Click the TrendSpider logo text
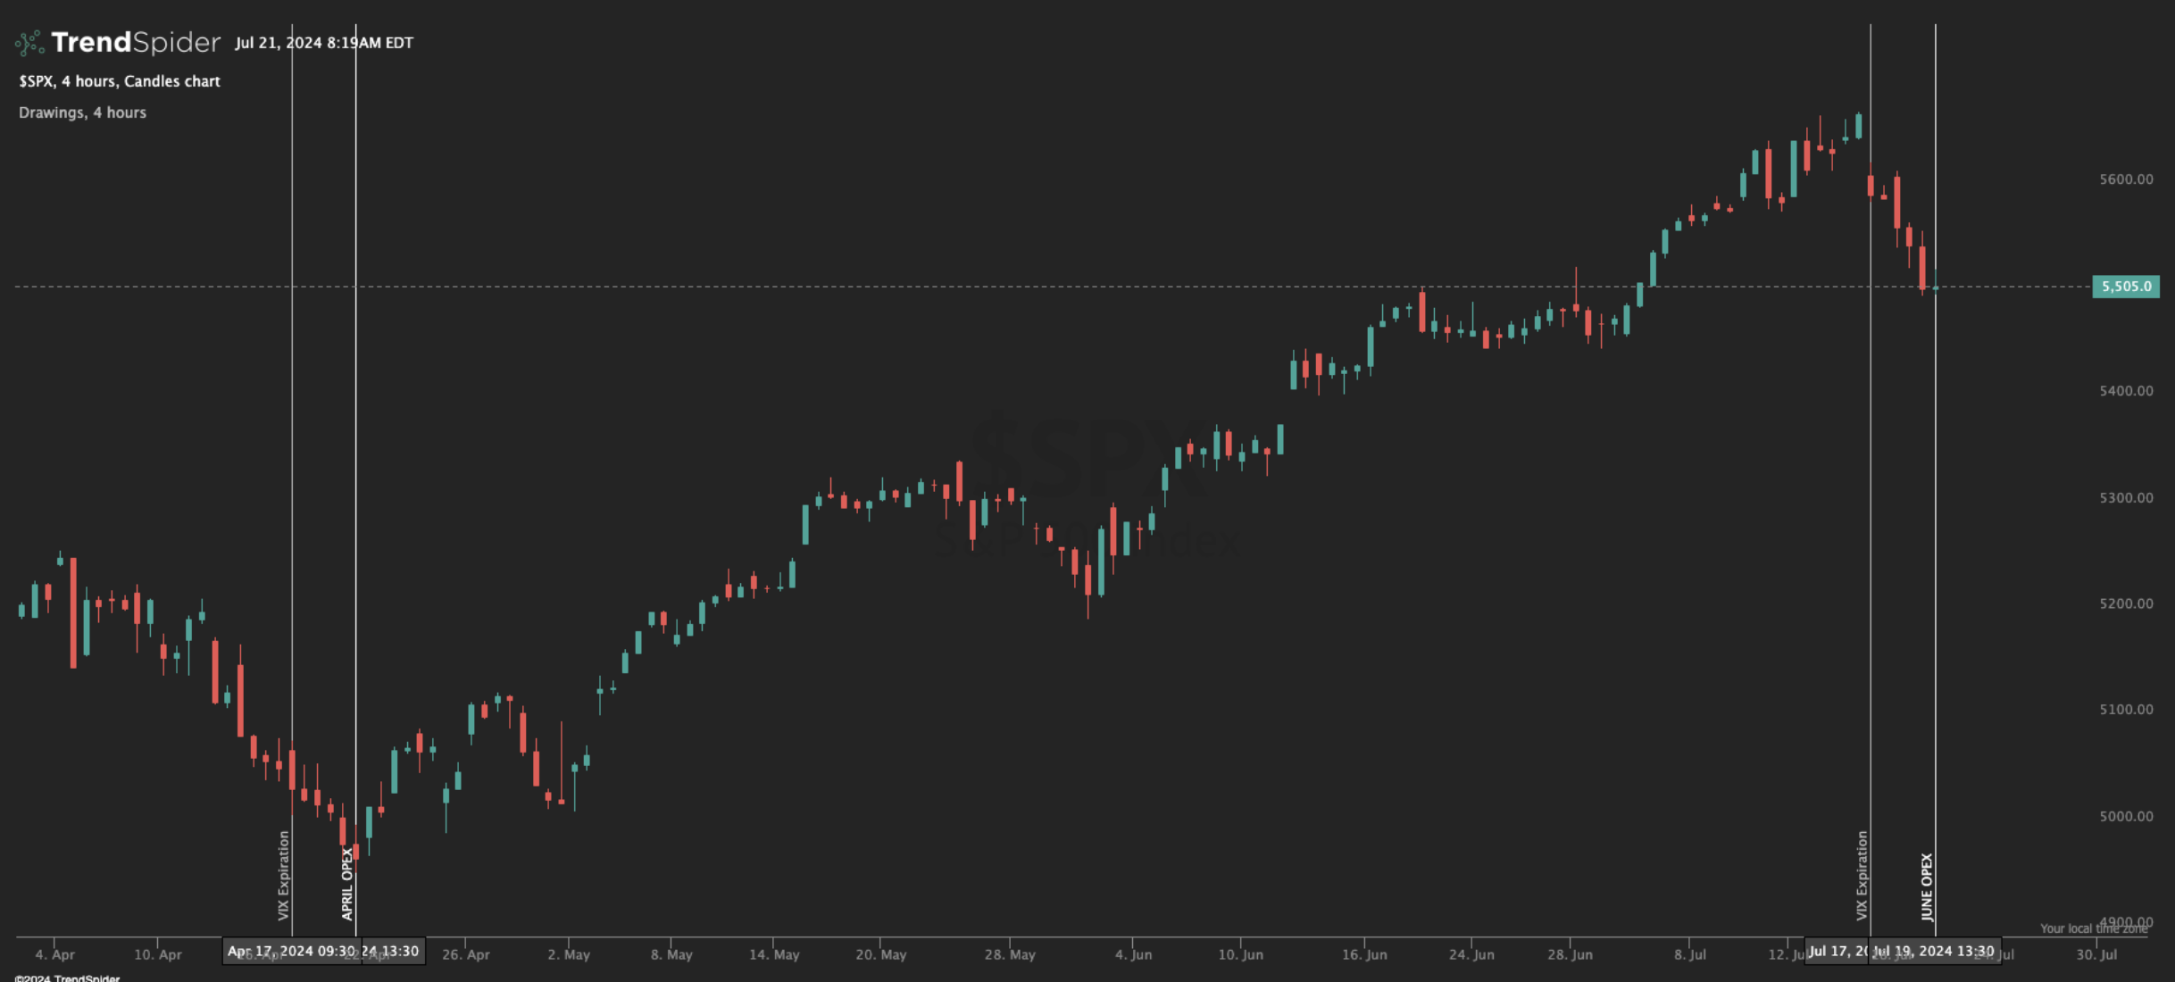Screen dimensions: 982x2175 click(x=135, y=42)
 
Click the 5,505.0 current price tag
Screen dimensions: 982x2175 click(x=2125, y=287)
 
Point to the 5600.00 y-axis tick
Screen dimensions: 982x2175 click(x=2125, y=179)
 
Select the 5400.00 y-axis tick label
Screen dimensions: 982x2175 click(x=2125, y=391)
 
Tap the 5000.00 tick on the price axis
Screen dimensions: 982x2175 click(x=2125, y=816)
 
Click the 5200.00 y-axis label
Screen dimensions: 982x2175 click(x=2125, y=603)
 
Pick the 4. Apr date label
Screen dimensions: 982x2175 click(x=55, y=954)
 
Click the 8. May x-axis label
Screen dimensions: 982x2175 click(x=671, y=954)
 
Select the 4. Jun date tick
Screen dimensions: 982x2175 click(x=1133, y=954)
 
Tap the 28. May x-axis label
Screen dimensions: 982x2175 click(x=1010, y=954)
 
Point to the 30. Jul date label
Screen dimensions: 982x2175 click(x=2096, y=954)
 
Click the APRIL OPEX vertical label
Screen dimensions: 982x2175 click(x=347, y=884)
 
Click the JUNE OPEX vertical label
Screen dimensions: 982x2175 click(x=1927, y=886)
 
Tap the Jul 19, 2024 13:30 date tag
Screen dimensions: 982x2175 click(x=1934, y=951)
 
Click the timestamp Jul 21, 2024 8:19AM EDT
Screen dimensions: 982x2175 click(x=324, y=43)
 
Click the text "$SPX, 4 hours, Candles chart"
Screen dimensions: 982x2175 click(x=120, y=81)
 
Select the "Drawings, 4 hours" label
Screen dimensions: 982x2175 click(x=82, y=112)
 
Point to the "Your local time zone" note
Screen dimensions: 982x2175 click(x=2093, y=928)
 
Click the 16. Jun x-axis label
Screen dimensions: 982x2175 click(x=1364, y=954)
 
